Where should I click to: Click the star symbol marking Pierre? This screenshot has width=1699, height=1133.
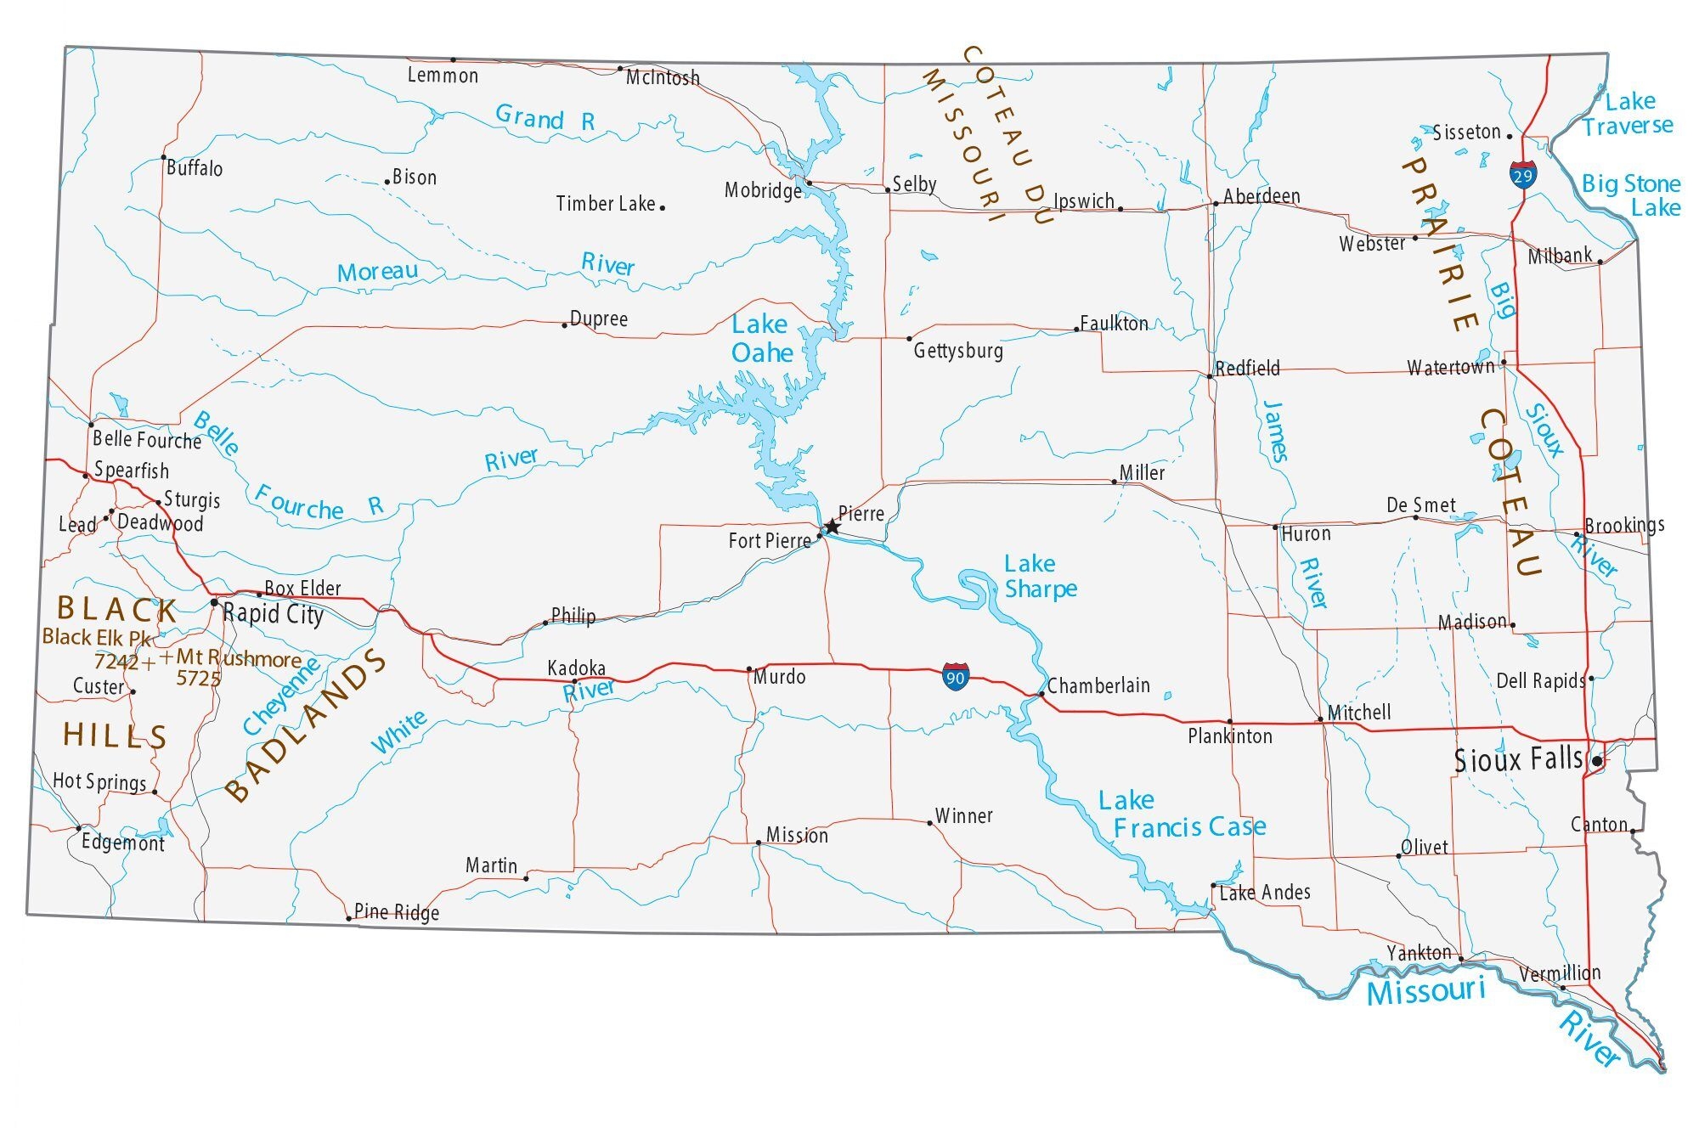pyautogui.click(x=832, y=527)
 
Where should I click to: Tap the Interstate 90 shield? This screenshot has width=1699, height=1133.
pyautogui.click(x=955, y=676)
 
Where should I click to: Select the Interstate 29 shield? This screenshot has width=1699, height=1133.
pyautogui.click(x=1522, y=175)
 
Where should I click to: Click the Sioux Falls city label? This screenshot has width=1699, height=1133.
pyautogui.click(x=1518, y=759)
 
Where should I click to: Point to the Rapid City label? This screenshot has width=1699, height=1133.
pyautogui.click(x=273, y=614)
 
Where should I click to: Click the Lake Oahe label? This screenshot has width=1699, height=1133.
pyautogui.click(x=762, y=339)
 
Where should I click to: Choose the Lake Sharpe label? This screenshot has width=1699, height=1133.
pyautogui.click(x=1040, y=576)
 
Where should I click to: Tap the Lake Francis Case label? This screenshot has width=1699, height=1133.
pyautogui.click(x=1181, y=814)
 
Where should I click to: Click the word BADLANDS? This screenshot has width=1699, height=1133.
pyautogui.click(x=308, y=727)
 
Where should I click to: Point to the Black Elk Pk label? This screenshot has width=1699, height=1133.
pyautogui.click(x=96, y=637)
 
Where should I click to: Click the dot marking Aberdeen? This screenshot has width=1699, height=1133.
pyautogui.click(x=1216, y=203)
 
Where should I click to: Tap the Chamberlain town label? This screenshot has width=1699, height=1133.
pyautogui.click(x=1098, y=685)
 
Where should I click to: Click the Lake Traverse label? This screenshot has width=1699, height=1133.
pyautogui.click(x=1628, y=114)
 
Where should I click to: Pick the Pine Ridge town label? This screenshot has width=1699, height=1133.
pyautogui.click(x=397, y=912)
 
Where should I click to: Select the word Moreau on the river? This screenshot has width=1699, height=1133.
pyautogui.click(x=377, y=272)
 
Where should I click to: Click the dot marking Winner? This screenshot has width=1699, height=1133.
pyautogui.click(x=930, y=822)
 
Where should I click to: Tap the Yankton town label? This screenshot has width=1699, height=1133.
pyautogui.click(x=1419, y=953)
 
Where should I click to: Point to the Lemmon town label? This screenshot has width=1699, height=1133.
pyautogui.click(x=443, y=76)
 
